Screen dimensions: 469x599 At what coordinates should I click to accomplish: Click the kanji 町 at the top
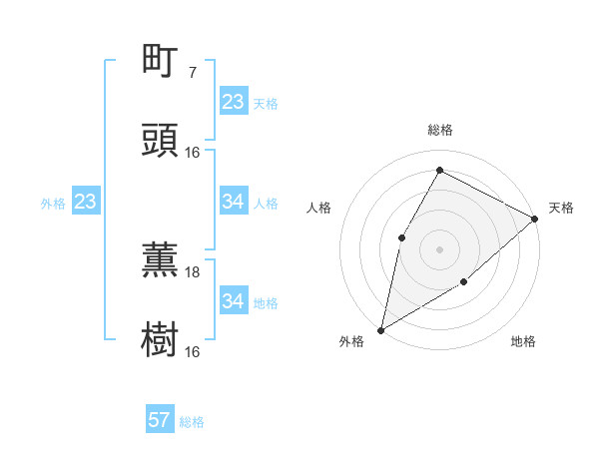pyautogui.click(x=161, y=61)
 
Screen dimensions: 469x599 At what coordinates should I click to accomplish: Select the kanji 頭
pyautogui.click(x=161, y=141)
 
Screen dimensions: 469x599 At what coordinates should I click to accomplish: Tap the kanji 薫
pyautogui.click(x=161, y=260)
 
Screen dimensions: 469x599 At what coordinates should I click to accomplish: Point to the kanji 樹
pyautogui.click(x=161, y=340)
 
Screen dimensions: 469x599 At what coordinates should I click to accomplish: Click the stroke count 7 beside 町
pyautogui.click(x=193, y=72)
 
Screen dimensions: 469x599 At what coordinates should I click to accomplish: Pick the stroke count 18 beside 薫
pyautogui.click(x=193, y=271)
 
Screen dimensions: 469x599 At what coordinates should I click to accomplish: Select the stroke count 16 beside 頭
pyautogui.click(x=193, y=152)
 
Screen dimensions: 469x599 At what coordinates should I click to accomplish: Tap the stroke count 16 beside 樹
pyautogui.click(x=193, y=351)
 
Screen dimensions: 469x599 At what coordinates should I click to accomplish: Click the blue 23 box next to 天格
pyautogui.click(x=233, y=102)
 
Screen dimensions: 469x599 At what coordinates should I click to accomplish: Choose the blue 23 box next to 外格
pyautogui.click(x=85, y=202)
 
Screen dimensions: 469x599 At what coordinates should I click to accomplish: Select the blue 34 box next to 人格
pyautogui.click(x=233, y=202)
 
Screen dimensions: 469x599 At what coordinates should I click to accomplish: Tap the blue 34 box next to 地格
pyautogui.click(x=233, y=301)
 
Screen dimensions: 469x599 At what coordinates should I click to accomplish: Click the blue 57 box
pyautogui.click(x=159, y=420)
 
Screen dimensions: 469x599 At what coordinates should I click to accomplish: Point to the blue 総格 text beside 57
pyautogui.click(x=192, y=422)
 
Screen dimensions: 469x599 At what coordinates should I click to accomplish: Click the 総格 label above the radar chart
pyautogui.click(x=439, y=130)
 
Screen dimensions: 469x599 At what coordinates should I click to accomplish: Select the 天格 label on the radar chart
pyautogui.click(x=561, y=208)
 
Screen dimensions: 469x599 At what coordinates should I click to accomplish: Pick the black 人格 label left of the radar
pyautogui.click(x=318, y=208)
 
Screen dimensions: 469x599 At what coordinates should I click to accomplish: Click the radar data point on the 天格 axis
pyautogui.click(x=535, y=219)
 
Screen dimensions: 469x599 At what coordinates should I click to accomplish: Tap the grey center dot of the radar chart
pyautogui.click(x=439, y=248)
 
